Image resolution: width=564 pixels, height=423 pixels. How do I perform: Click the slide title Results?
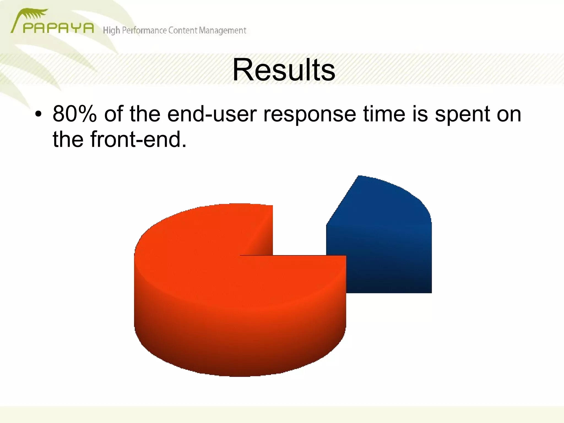(284, 70)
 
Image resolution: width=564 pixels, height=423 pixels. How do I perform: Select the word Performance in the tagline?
(144, 30)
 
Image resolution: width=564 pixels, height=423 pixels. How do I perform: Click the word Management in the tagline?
(222, 30)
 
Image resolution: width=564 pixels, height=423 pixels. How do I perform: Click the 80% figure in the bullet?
(75, 114)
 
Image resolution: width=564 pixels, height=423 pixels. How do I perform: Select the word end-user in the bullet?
(212, 114)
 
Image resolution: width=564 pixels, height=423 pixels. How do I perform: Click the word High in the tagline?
(111, 30)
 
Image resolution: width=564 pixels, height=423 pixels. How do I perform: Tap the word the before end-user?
(145, 114)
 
